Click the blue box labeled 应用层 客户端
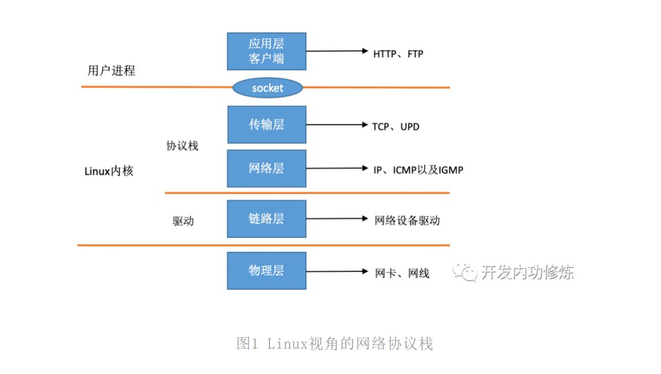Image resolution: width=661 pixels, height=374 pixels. pos(266,51)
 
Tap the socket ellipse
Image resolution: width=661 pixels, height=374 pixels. pos(268,88)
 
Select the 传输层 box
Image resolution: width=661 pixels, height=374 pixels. pos(266,124)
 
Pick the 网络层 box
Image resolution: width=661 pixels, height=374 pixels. pos(266,168)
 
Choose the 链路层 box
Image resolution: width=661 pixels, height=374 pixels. pos(266,219)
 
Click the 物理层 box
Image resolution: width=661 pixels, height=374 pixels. pos(266,270)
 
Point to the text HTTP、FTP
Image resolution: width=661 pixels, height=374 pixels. pos(398,54)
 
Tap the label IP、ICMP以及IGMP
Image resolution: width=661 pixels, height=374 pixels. pos(418,170)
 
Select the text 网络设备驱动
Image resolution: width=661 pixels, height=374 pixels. pos(407,221)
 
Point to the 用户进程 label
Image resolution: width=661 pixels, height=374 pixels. pos(111,71)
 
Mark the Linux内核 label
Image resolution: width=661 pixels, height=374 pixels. pos(109,171)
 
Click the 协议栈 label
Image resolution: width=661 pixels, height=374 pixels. pos(182,146)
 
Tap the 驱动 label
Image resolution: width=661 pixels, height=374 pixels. pos(183,221)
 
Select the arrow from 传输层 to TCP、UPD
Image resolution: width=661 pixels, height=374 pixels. pos(337,124)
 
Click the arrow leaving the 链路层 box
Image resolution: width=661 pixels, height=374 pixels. pos(337,219)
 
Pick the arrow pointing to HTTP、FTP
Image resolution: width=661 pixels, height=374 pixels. pos(337,51)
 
